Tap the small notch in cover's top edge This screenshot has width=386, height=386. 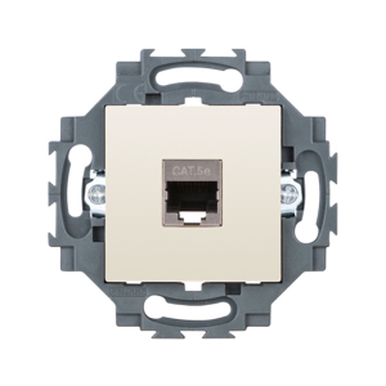193,102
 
